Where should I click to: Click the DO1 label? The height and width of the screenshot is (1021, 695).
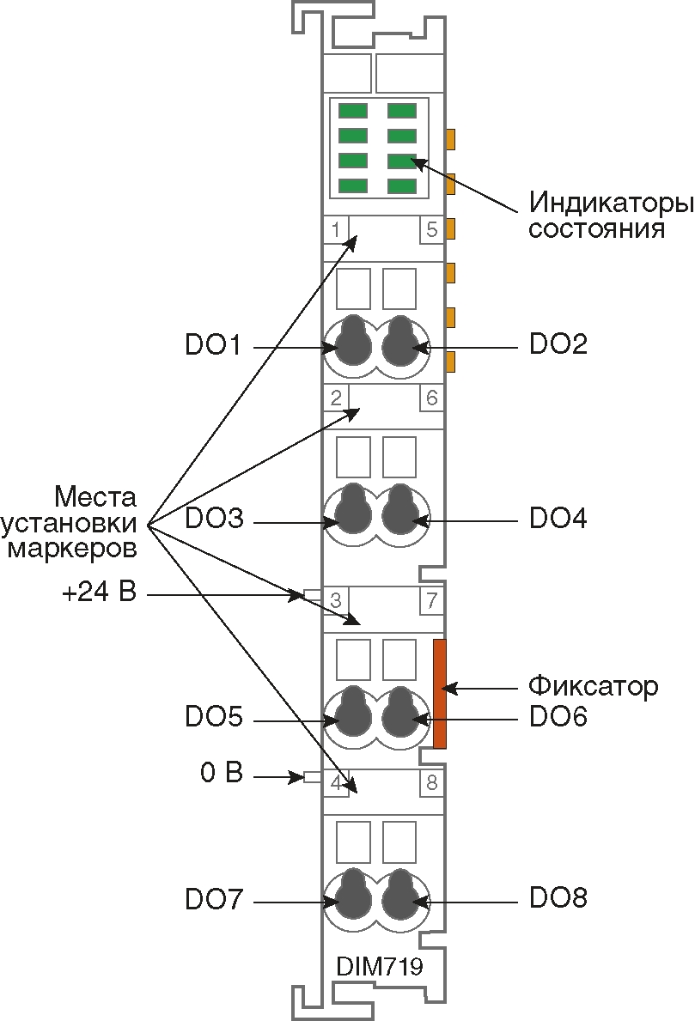pyautogui.click(x=213, y=345)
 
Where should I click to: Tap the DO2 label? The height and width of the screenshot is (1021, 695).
pyautogui.click(x=558, y=345)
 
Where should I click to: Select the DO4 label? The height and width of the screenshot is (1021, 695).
pyautogui.click(x=558, y=519)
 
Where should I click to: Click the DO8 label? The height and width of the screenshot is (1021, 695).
pyautogui.click(x=558, y=899)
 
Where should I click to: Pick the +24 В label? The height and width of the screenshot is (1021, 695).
pyautogui.click(x=99, y=593)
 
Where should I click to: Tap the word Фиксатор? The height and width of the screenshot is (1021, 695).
pyautogui.click(x=593, y=686)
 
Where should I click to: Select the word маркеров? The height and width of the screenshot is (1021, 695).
pyautogui.click(x=71, y=547)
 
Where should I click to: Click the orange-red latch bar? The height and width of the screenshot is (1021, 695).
pyautogui.click(x=440, y=693)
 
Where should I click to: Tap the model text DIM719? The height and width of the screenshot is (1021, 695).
pyautogui.click(x=379, y=967)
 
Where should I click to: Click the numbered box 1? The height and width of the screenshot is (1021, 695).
pyautogui.click(x=335, y=230)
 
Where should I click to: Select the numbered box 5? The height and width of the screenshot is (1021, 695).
pyautogui.click(x=431, y=230)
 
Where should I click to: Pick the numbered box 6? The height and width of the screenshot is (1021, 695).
pyautogui.click(x=431, y=398)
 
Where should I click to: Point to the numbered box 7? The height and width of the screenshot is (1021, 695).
pyautogui.click(x=431, y=600)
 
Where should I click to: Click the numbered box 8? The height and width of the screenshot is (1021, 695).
pyautogui.click(x=431, y=782)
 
